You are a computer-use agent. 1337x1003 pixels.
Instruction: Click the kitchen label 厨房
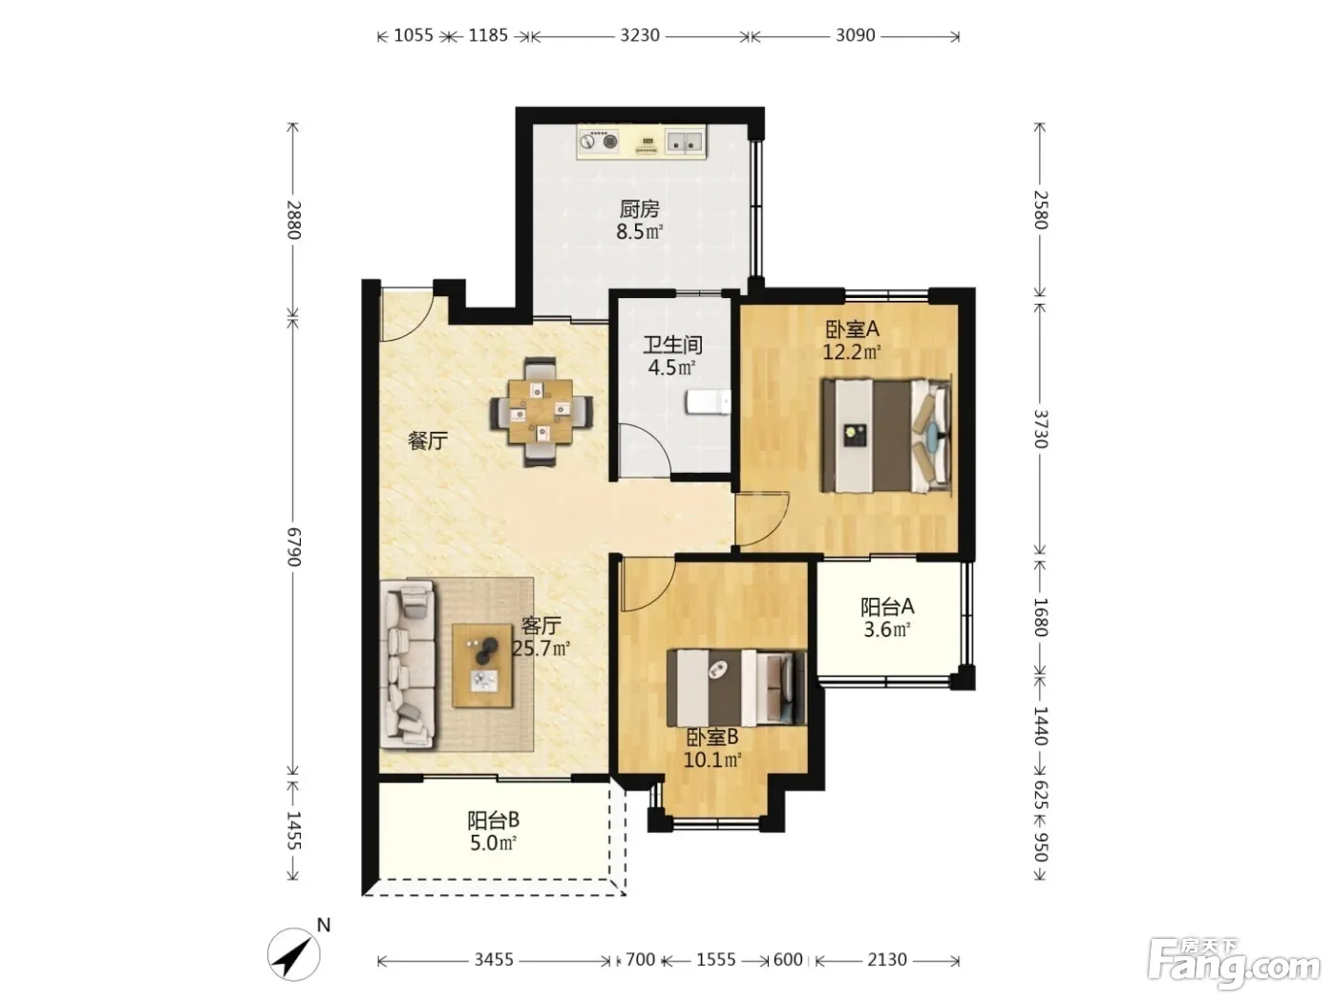coord(639,209)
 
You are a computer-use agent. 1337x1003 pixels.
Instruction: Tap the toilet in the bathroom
coord(708,402)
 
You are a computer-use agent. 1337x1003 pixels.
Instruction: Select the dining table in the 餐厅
coord(541,412)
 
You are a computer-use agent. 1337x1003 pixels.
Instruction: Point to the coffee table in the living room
coord(482,666)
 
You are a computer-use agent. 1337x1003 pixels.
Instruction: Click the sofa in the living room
coord(408,664)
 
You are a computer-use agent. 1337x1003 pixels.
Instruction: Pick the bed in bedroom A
coord(885,436)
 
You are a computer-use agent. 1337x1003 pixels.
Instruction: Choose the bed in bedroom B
coord(735,688)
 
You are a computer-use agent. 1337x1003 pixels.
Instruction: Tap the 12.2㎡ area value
coord(852,352)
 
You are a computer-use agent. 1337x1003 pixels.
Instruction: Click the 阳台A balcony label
coord(887,607)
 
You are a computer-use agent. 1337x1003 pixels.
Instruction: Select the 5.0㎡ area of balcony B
coord(493,843)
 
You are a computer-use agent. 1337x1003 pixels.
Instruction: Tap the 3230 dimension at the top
coord(640,35)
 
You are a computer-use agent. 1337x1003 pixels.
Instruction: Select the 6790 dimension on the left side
coord(294,546)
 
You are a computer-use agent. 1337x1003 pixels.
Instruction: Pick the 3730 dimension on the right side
coord(1040,429)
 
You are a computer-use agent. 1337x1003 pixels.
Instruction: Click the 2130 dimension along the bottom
coord(887,960)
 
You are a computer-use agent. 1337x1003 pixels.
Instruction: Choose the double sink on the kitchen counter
coord(685,141)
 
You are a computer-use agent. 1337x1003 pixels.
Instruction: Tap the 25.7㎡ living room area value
coord(541,649)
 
